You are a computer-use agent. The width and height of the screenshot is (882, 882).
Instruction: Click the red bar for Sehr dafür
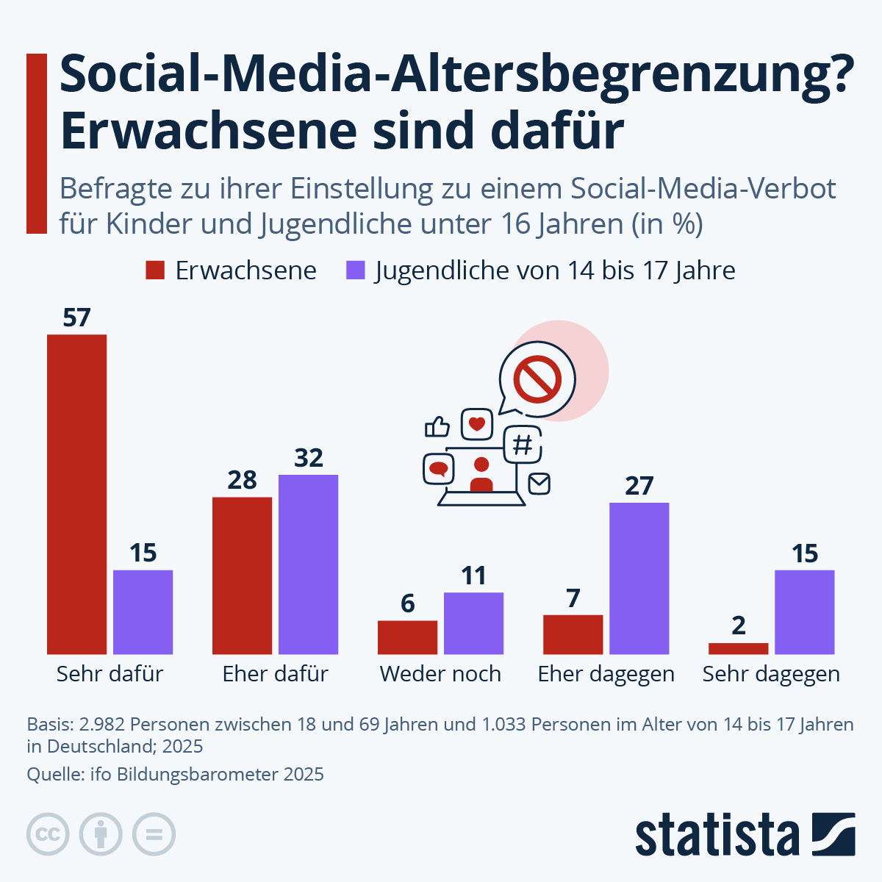(76, 494)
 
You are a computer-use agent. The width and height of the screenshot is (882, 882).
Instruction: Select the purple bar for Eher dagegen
(639, 578)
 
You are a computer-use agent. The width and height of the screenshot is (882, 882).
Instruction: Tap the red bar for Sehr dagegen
(738, 648)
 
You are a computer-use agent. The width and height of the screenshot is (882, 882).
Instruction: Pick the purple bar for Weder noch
(473, 623)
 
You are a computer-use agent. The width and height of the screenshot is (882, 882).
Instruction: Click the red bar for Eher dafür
(242, 576)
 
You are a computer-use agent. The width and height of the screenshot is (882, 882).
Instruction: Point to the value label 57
(76, 318)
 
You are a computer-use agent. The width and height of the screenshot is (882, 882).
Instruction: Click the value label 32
(308, 458)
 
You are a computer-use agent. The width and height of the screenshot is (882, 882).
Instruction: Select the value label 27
(639, 486)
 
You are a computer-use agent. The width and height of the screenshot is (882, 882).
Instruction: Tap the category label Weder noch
(440, 673)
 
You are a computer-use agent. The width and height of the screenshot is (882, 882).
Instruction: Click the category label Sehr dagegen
(771, 673)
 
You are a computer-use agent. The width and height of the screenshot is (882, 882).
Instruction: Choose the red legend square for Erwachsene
(155, 270)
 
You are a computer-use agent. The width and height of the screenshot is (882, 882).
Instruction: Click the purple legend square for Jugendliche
(356, 270)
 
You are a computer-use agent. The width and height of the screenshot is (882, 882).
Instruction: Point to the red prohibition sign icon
(537, 379)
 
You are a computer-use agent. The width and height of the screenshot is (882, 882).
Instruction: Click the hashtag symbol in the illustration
(522, 445)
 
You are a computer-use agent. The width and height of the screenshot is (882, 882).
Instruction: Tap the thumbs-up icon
(437, 426)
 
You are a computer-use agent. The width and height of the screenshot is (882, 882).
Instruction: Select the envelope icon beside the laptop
(539, 483)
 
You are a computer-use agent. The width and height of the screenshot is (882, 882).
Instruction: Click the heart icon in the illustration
(476, 424)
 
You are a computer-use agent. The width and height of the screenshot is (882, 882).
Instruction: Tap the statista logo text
(717, 835)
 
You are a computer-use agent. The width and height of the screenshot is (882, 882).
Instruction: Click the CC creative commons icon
(48, 835)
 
